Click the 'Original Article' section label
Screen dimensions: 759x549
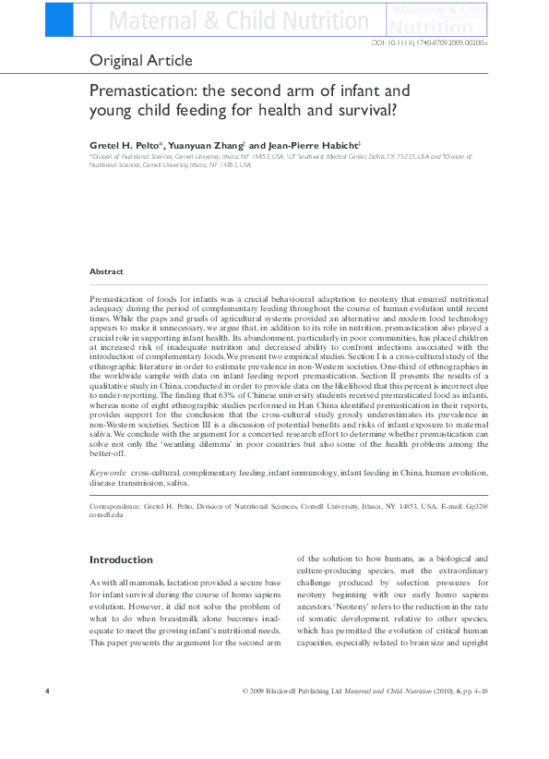point(141,61)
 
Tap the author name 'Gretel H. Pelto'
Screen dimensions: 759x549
point(124,144)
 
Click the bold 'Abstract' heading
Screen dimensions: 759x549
point(106,271)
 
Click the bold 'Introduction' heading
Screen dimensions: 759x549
point(121,560)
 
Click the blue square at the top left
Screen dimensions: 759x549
point(58,18)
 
